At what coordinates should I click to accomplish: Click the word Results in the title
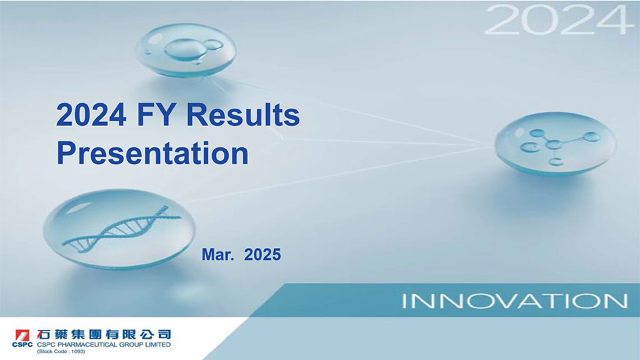(x=243, y=115)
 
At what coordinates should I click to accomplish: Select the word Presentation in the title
(x=153, y=153)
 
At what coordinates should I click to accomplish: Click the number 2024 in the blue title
(x=91, y=115)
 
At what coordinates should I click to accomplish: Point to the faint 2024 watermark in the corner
(x=556, y=20)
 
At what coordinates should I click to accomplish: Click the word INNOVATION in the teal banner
(x=515, y=301)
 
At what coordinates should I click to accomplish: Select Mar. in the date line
(x=218, y=254)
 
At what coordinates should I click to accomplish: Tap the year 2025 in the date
(x=263, y=254)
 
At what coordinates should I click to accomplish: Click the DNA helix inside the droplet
(x=121, y=229)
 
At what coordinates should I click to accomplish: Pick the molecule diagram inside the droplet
(x=559, y=146)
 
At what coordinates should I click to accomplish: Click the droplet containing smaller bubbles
(x=186, y=50)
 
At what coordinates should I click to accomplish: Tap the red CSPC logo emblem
(x=22, y=335)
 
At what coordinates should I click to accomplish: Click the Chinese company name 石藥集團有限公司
(x=104, y=334)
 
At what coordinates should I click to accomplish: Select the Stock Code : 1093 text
(x=61, y=351)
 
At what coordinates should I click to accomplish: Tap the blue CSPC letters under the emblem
(x=23, y=345)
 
